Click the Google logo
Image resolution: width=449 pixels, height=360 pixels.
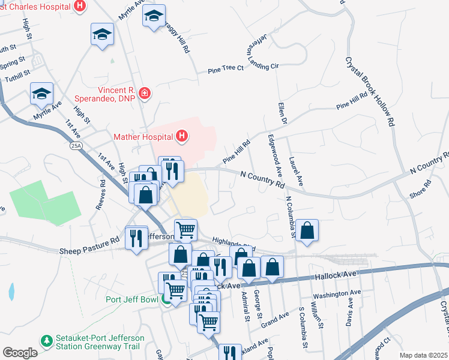pos(20,352)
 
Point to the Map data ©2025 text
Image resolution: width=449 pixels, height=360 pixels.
pos(423,355)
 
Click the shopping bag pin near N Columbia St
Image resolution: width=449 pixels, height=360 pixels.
pos(307,230)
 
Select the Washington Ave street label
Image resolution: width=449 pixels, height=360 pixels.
pos(337,293)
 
